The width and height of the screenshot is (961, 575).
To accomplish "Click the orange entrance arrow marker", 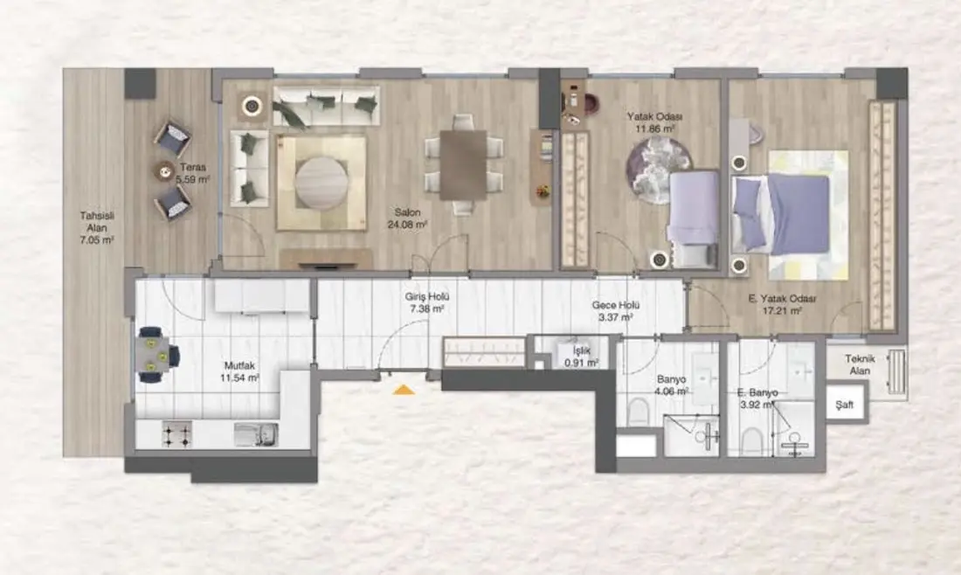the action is click(404, 389).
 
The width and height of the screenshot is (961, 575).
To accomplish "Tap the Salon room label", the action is click(408, 212).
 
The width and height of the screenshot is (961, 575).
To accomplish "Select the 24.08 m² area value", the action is click(407, 225).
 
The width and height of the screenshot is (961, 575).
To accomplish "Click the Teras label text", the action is click(193, 167).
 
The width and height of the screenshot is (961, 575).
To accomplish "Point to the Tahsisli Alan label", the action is click(97, 221).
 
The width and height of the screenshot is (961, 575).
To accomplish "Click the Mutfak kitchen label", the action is click(239, 366).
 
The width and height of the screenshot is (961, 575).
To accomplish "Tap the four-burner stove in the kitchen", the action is click(176, 434).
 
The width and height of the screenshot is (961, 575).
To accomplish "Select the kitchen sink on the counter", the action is click(256, 434).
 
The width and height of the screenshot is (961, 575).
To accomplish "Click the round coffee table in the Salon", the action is click(321, 183).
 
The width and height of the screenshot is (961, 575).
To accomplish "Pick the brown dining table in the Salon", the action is click(463, 164).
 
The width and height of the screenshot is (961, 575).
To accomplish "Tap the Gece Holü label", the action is click(616, 305).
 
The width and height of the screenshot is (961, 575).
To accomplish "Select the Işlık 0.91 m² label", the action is click(581, 357).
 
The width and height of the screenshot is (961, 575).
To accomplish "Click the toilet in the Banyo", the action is click(639, 412).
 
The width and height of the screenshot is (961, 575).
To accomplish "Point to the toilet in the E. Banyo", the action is click(752, 441).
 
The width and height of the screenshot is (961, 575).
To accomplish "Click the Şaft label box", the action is click(845, 405).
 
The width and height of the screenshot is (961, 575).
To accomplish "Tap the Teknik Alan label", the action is click(860, 364).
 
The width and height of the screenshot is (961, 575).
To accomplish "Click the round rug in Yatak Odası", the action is click(657, 170).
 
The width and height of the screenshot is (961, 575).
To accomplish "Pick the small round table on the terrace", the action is click(164, 171).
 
